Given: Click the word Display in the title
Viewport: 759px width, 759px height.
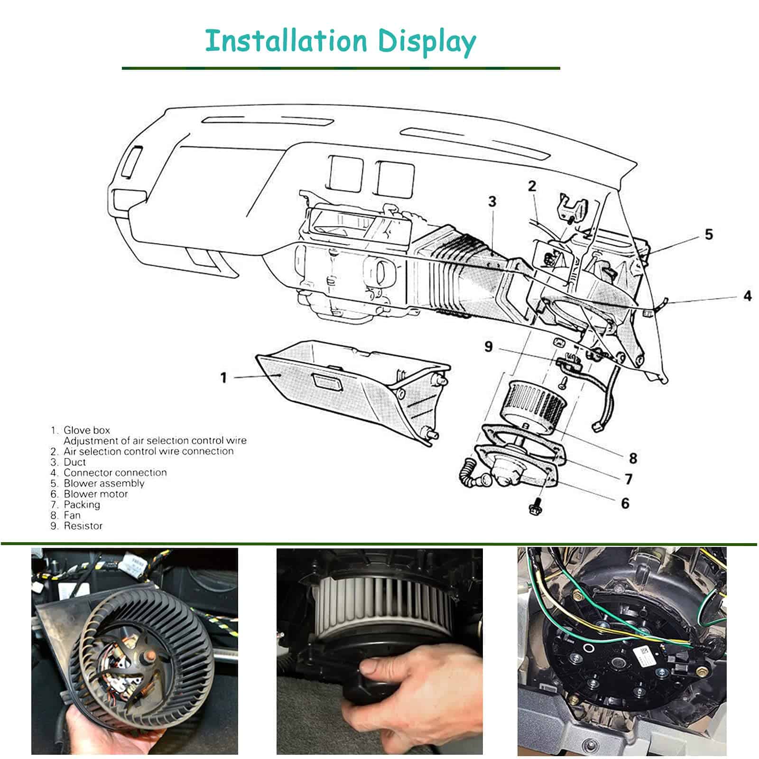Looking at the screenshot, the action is [427, 43].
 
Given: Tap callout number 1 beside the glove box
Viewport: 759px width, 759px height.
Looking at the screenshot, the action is [224, 378].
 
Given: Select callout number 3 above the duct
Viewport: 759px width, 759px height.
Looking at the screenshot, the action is [492, 202].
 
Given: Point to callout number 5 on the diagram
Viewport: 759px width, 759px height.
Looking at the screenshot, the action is [709, 234].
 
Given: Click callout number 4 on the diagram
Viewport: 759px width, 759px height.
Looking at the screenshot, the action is [748, 296].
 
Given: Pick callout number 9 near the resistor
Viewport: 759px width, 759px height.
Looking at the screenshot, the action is [489, 347].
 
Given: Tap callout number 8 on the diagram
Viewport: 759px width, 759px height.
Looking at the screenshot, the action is [633, 458].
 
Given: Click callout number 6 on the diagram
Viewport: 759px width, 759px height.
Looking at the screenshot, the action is [625, 503].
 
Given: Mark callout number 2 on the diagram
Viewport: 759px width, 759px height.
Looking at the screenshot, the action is [532, 186].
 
